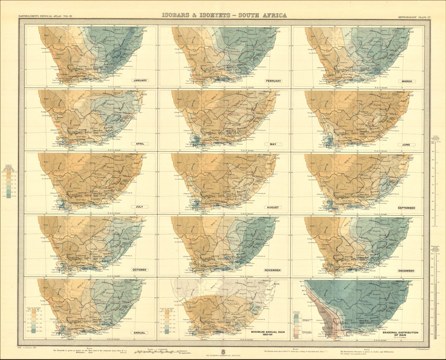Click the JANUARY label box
pyautogui.click(x=140, y=81)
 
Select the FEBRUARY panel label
pyautogui.click(x=273, y=81)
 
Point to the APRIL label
pyautogui.click(x=140, y=144)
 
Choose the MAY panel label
pyautogui.click(x=273, y=144)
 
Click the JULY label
pyautogui.click(x=140, y=207)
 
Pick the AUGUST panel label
pyautogui.click(x=273, y=207)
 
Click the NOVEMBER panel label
pyautogui.click(x=273, y=270)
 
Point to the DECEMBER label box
pyautogui.click(x=406, y=271)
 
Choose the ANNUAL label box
pyautogui.click(x=140, y=333)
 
